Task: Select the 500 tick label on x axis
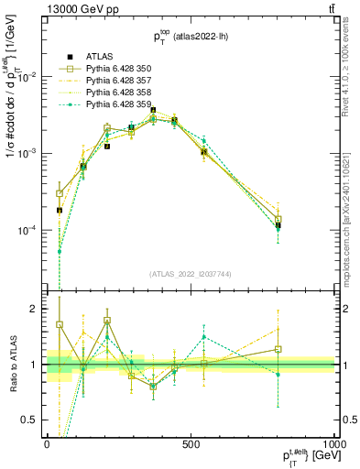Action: [191, 443]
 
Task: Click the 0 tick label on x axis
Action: [47, 443]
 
